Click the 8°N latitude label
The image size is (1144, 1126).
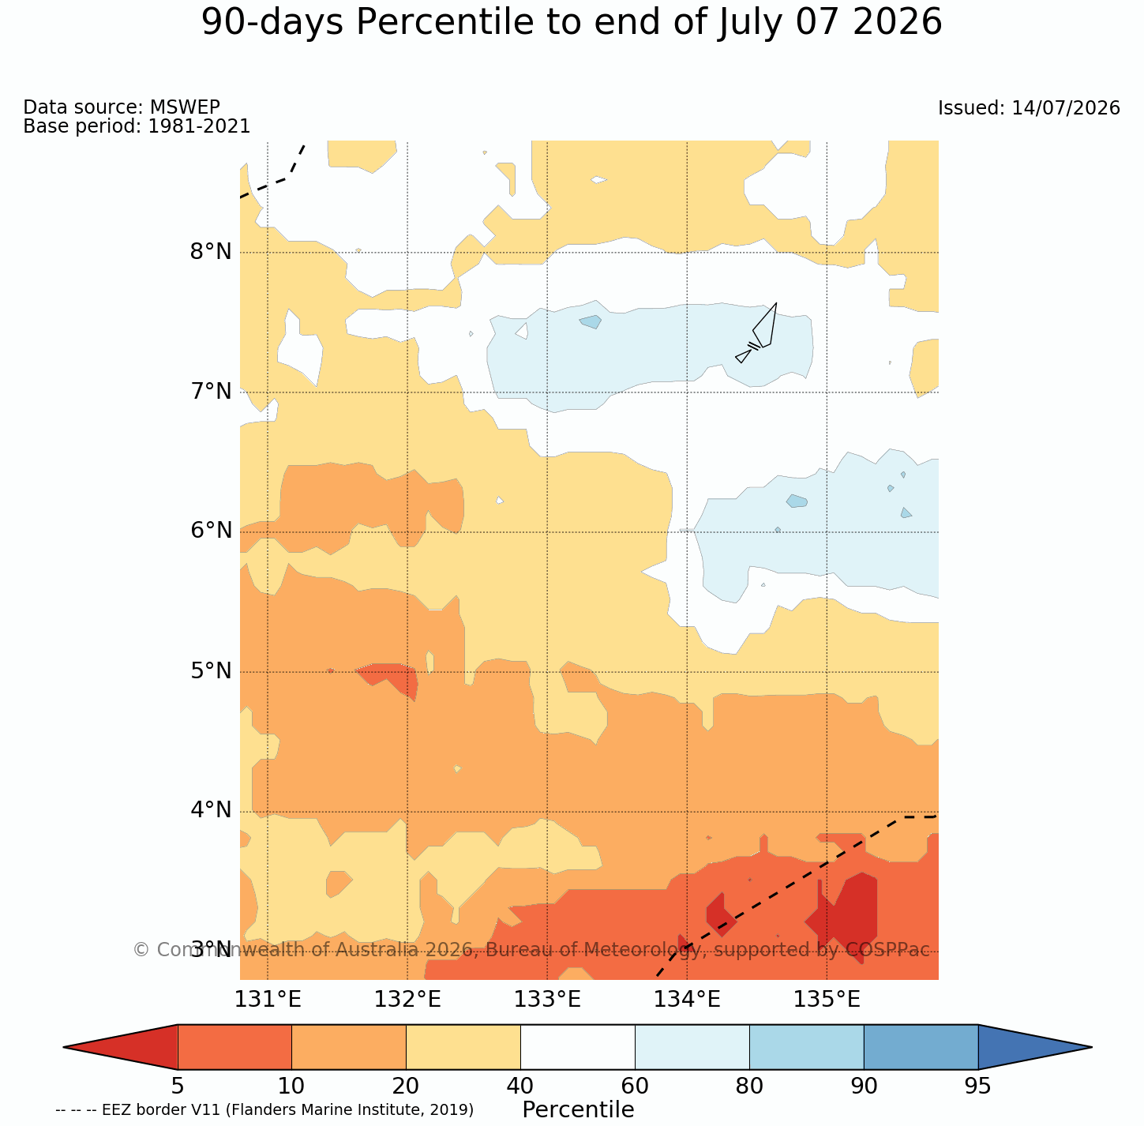click(211, 252)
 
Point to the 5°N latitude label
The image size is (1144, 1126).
click(211, 671)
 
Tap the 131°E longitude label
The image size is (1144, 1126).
click(268, 1000)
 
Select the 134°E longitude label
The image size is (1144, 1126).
click(687, 1000)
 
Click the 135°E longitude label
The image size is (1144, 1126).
click(827, 1000)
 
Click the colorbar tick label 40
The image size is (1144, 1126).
click(520, 1087)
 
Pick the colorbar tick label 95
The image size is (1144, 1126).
click(977, 1087)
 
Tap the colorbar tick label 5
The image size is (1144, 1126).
click(178, 1087)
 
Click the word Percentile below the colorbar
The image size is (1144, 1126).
click(578, 1109)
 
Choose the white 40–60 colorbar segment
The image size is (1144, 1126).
click(578, 1047)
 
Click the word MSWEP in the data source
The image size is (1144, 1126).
click(185, 107)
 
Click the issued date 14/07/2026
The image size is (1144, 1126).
click(1066, 108)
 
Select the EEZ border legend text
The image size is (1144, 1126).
click(264, 1110)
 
